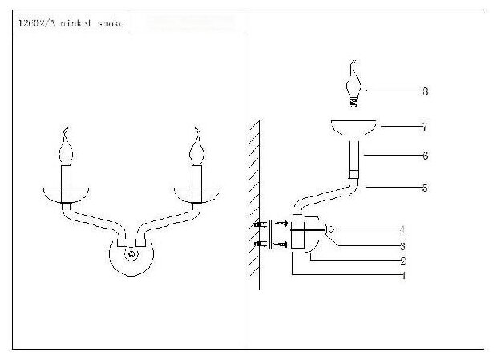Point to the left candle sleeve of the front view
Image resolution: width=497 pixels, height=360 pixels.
tap(67, 174)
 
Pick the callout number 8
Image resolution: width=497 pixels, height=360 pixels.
tap(425, 91)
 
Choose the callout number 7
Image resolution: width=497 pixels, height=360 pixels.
tap(425, 127)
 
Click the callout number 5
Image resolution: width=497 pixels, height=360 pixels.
tap(425, 188)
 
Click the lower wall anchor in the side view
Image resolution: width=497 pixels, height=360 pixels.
tap(261, 244)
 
